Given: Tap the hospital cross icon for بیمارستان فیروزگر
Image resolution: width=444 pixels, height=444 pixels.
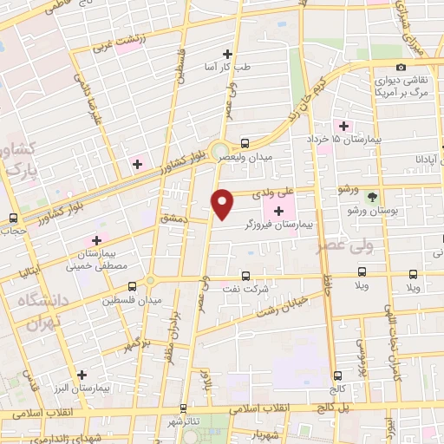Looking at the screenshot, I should pyautogui.click(x=278, y=212).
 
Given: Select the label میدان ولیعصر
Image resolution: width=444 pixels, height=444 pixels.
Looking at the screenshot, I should pyautogui.click(x=248, y=156).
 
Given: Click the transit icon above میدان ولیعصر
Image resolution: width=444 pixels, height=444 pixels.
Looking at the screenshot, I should pyautogui.click(x=245, y=143).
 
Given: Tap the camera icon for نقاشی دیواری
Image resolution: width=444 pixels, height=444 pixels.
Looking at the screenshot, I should pyautogui.click(x=400, y=68).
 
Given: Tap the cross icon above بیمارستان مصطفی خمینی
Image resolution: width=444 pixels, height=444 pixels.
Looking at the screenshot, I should pyautogui.click(x=95, y=240).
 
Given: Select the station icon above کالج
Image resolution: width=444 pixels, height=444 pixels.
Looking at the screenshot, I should pyautogui.click(x=336, y=376).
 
